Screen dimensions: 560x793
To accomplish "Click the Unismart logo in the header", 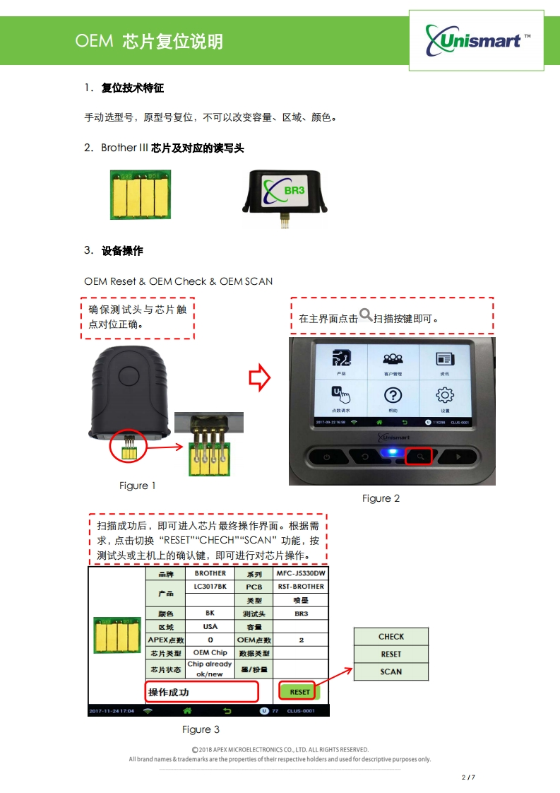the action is tap(477, 40).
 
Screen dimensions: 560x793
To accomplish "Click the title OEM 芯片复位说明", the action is tap(149, 41).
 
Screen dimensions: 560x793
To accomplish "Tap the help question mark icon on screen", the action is tap(392, 396).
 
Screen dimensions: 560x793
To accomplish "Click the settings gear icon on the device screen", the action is tap(445, 396).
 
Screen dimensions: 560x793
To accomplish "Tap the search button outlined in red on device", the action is tap(419, 457).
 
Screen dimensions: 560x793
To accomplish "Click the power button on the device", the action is tap(326, 457).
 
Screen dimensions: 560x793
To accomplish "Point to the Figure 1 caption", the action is tap(138, 486).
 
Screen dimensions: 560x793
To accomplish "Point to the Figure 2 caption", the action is tap(381, 498).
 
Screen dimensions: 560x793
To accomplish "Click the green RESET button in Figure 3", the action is tap(299, 692).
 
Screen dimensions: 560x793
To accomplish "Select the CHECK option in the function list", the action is tap(391, 637).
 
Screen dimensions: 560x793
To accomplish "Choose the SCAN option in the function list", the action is tap(391, 671).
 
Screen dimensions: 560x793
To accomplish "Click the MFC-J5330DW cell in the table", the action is tap(301, 573).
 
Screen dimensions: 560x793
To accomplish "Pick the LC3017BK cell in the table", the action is tap(210, 587).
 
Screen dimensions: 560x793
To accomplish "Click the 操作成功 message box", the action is tap(201, 692).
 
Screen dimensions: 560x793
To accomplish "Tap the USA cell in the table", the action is tap(210, 626).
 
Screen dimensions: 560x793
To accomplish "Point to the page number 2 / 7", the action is tap(467, 777).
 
